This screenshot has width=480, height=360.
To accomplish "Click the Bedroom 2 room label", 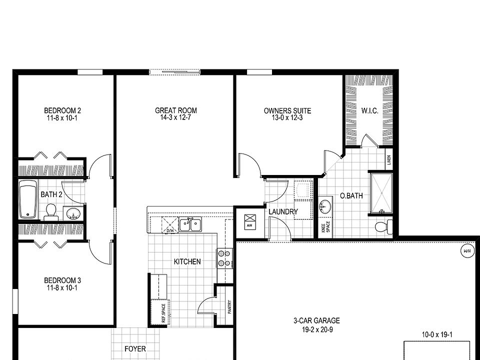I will tap(62, 110).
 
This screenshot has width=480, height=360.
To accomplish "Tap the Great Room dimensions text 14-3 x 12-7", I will tap(175, 118).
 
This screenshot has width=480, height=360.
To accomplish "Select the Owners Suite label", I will tap(287, 110).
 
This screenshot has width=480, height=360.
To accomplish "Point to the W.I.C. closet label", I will tap(369, 110).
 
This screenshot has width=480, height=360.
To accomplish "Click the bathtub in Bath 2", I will tap(28, 200).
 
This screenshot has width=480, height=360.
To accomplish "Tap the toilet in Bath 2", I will tap(50, 211).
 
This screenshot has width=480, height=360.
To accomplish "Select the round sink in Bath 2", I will tap(74, 214).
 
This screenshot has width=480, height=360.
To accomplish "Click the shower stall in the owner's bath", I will tap(381, 190).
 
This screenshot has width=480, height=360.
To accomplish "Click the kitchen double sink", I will tap(190, 224).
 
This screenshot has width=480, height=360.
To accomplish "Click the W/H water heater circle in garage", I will tap(467, 250).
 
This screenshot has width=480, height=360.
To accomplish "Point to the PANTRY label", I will tap(229, 306).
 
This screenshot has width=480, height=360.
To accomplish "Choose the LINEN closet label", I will tap(389, 160).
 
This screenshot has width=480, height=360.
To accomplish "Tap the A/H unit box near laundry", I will tap(249, 220).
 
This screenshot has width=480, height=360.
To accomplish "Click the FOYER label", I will tap(135, 348).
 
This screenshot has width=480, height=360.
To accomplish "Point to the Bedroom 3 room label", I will tap(62, 280).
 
